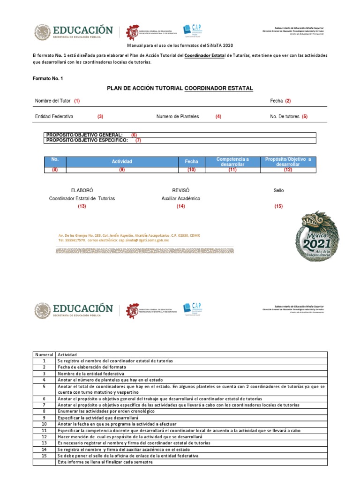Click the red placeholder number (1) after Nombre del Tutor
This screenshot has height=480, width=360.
point(76,101)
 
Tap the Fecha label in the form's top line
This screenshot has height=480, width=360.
point(276,101)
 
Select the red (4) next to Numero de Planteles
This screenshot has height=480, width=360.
point(218,116)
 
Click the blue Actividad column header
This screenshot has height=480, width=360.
point(122,161)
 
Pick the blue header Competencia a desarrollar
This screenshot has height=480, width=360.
point(232,162)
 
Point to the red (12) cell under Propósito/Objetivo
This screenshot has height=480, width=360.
point(287,170)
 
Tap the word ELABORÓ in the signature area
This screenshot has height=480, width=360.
point(82,190)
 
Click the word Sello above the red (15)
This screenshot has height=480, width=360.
point(278,190)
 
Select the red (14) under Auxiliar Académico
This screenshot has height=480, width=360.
point(180,206)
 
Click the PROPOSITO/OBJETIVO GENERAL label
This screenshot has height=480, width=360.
point(84,135)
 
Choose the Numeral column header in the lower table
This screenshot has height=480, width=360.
point(45,355)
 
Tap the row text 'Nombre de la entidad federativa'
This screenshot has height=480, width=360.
point(91,374)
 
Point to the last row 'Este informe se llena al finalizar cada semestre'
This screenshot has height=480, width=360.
point(105,462)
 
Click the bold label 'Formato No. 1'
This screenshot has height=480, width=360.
point(47,78)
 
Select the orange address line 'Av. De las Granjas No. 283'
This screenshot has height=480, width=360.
point(129,235)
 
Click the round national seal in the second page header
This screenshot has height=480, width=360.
point(45,310)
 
